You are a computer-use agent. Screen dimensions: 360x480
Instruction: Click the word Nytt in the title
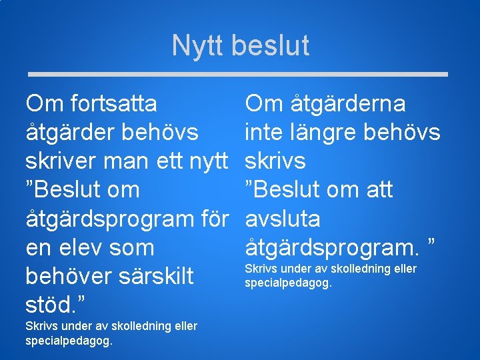click(x=198, y=46)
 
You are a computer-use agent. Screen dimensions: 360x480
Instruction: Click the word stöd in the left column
click(x=49, y=305)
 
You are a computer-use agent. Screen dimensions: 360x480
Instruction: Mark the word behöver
click(x=63, y=276)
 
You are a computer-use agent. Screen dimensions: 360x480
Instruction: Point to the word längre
click(x=327, y=133)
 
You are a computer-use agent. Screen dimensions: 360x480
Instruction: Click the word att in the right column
click(x=377, y=190)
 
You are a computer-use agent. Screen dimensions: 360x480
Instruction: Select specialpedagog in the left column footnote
click(x=69, y=341)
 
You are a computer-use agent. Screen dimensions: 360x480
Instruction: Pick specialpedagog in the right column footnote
click(x=289, y=283)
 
